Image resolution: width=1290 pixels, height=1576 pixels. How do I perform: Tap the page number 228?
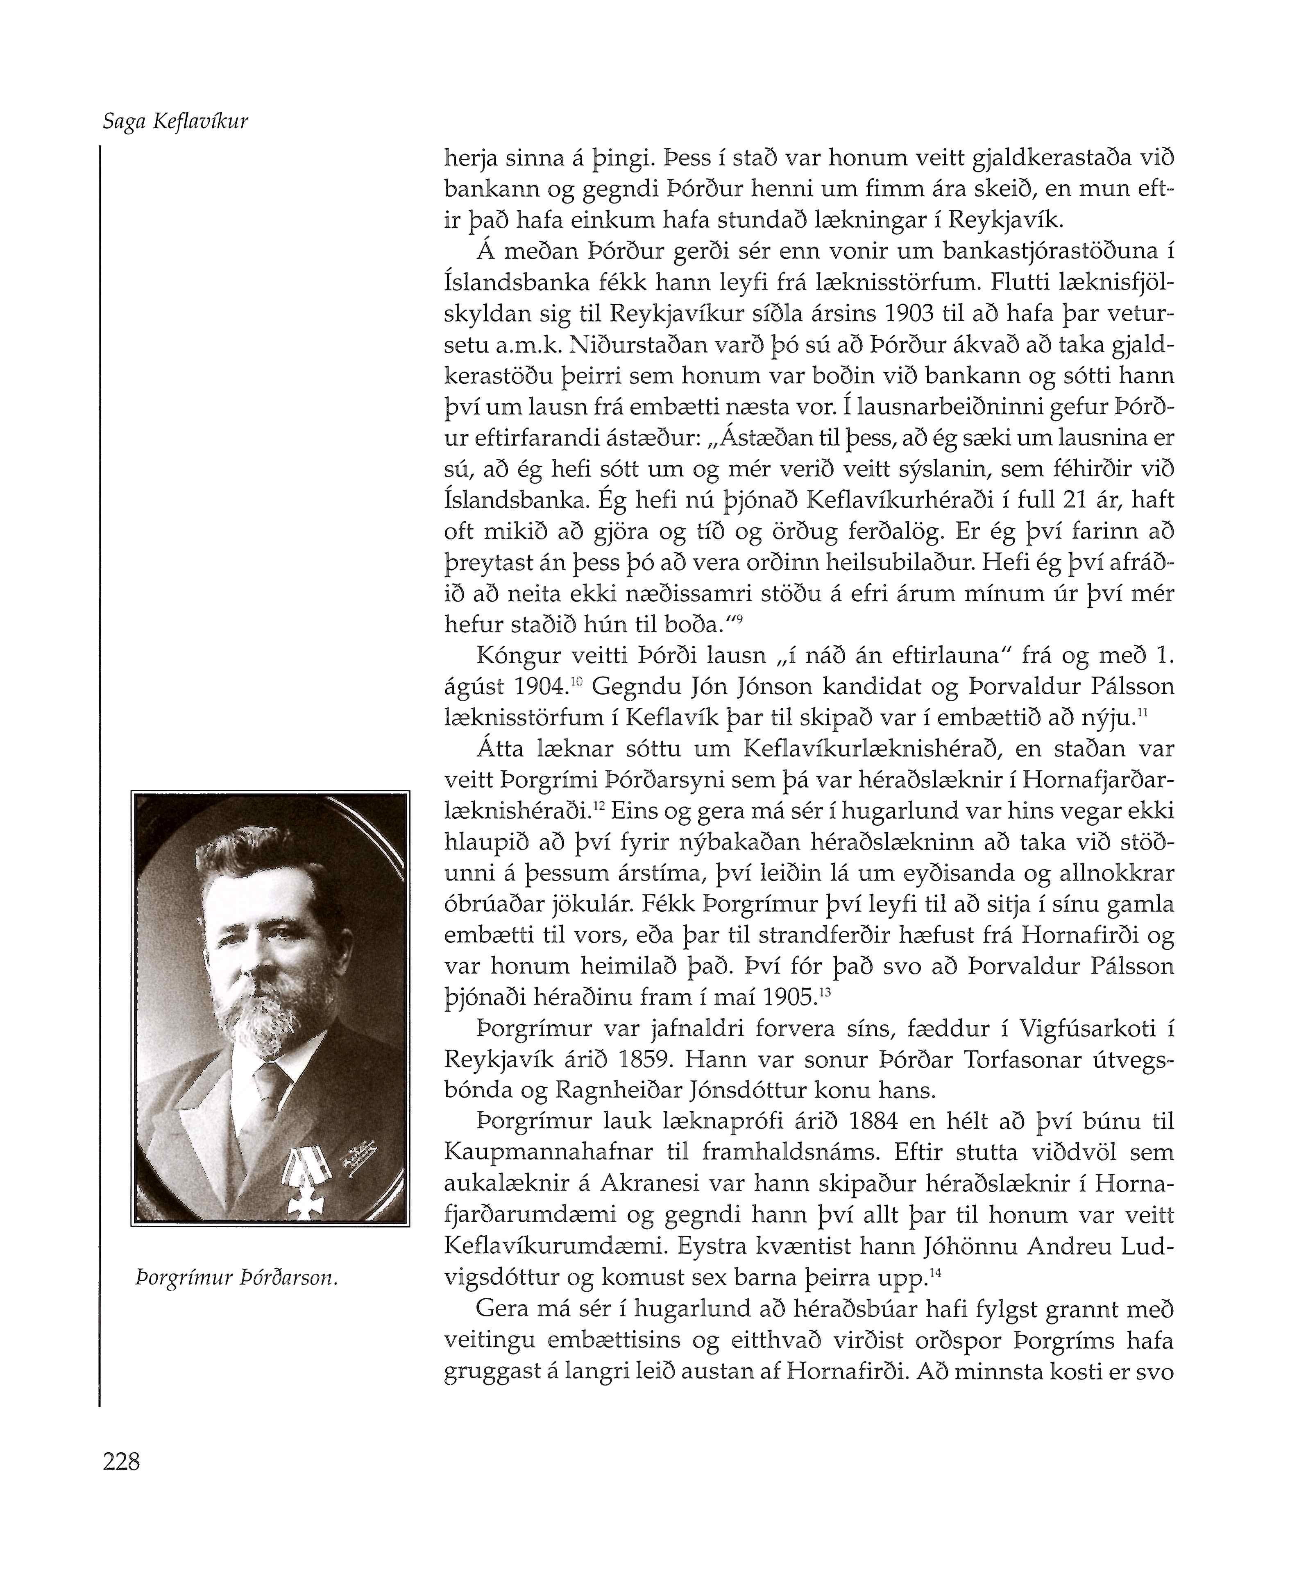pyautogui.click(x=121, y=1462)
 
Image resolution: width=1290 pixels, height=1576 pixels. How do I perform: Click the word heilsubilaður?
pyautogui.click(x=900, y=562)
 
